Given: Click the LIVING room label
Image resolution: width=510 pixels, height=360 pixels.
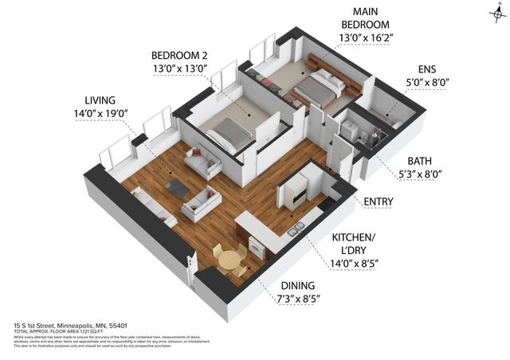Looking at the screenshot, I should (100, 100).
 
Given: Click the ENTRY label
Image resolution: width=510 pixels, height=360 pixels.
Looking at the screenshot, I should (378, 202).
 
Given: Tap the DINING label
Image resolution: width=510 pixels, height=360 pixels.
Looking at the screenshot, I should (297, 285).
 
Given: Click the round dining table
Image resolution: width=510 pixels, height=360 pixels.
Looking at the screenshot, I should (229, 260).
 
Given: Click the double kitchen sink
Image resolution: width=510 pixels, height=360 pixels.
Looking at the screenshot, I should (295, 230).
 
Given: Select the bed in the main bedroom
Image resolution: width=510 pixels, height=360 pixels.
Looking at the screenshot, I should (316, 88).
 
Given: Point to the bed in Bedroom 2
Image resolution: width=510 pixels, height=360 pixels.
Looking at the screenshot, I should (229, 133).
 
